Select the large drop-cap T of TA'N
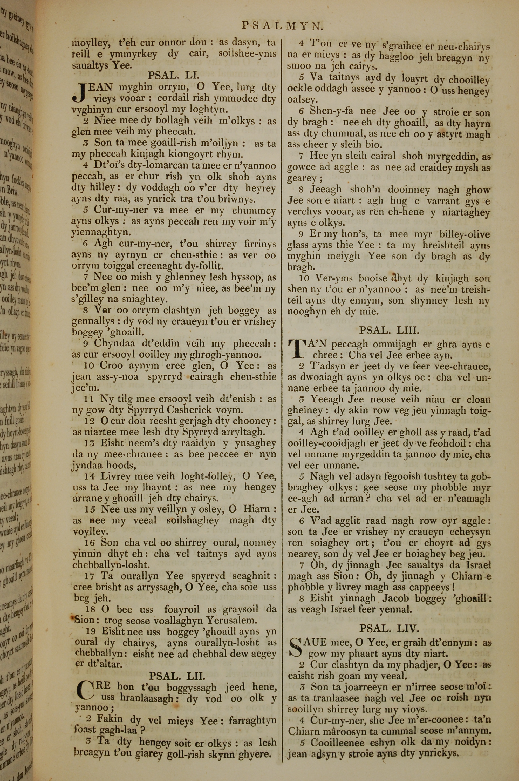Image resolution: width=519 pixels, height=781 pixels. coord(297,350)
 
